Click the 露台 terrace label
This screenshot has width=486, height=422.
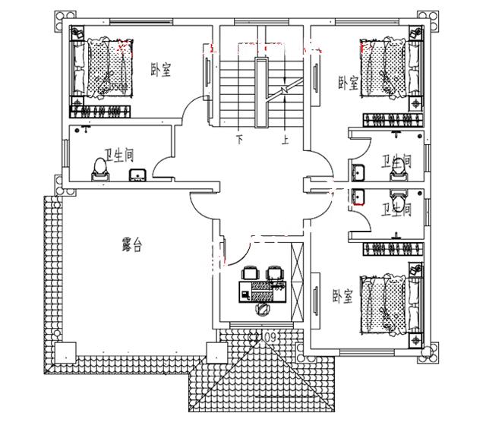point(133,244)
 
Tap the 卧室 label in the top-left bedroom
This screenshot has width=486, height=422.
point(160,71)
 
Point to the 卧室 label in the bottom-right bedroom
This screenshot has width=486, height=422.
point(342,297)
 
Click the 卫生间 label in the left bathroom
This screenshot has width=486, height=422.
point(120,156)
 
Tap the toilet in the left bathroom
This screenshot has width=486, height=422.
point(98,168)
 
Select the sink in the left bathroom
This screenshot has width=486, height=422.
point(137,176)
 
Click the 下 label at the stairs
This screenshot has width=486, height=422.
point(239,140)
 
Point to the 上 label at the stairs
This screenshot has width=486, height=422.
point(285,140)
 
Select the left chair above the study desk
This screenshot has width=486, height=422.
point(250,272)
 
